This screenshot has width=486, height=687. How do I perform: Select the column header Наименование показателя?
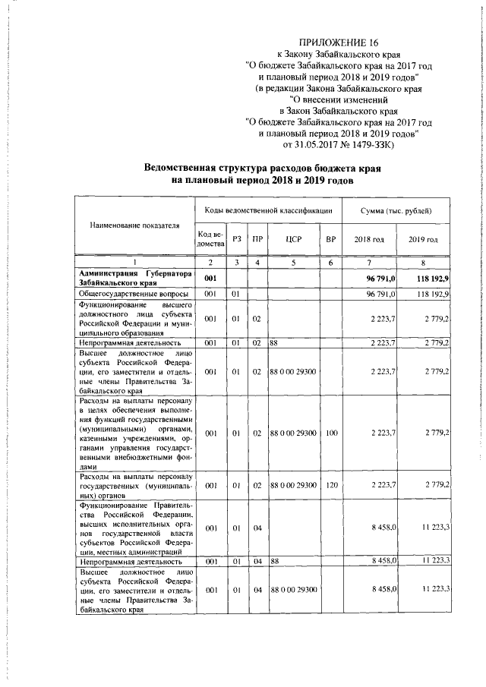point(134,225)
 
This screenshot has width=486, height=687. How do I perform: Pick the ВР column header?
point(330,239)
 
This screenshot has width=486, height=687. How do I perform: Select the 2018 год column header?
point(370,239)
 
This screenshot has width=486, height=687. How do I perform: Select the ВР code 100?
point(331,432)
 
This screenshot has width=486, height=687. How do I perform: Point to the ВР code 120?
point(331,484)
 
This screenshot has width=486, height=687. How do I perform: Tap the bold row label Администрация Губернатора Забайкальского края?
point(134,278)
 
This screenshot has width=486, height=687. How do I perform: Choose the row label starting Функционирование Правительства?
point(134,529)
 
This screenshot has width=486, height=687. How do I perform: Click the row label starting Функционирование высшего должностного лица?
point(134,319)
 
